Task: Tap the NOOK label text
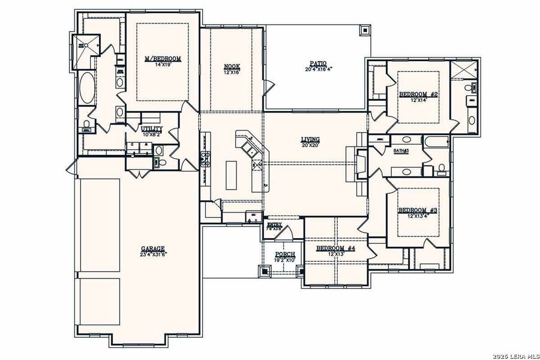click(x=232, y=66)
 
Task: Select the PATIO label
click(x=317, y=63)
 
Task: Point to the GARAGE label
click(x=153, y=248)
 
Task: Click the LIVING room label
click(x=310, y=139)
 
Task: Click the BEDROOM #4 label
click(x=335, y=248)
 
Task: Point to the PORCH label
click(x=285, y=255)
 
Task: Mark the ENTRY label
click(x=274, y=224)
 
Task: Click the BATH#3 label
click(x=401, y=151)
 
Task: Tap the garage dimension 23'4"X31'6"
click(x=153, y=254)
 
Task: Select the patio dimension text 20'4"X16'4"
click(x=318, y=69)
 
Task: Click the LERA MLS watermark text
click(x=515, y=354)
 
